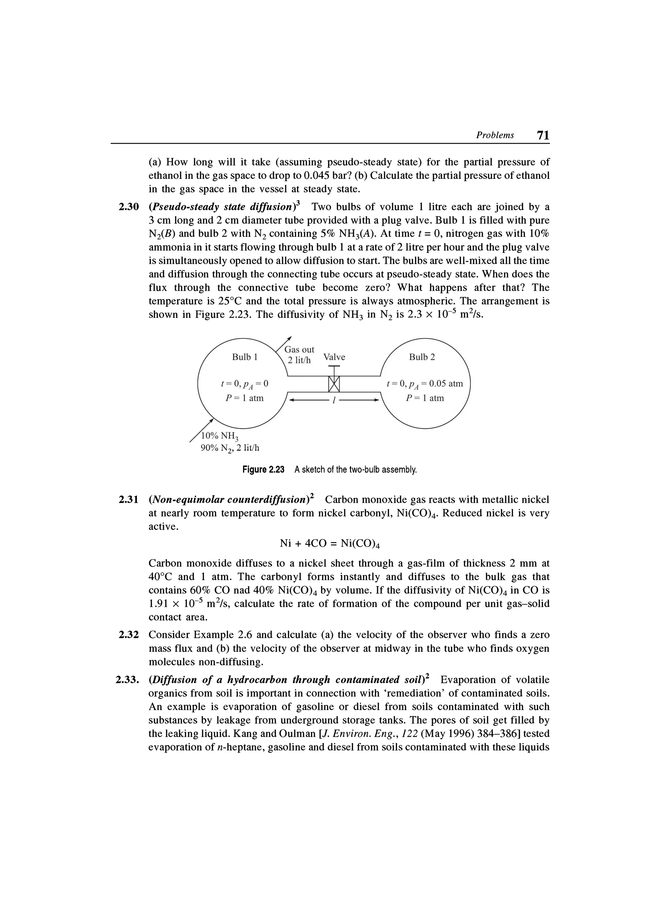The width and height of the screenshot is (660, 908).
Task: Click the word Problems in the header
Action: pos(495,135)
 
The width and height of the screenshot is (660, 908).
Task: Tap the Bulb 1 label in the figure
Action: pos(245,357)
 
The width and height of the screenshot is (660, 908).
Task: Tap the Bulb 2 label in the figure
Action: pos(422,357)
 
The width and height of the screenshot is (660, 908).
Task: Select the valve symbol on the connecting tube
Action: pos(334,384)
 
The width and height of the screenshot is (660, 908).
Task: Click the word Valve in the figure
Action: pos(334,357)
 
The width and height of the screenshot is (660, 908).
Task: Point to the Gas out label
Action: pos(299,349)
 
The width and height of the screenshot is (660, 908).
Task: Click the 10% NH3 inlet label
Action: pos(219,436)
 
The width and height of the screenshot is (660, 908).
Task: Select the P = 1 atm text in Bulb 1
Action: pos(245,398)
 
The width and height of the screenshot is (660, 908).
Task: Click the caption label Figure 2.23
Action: pos(263,469)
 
